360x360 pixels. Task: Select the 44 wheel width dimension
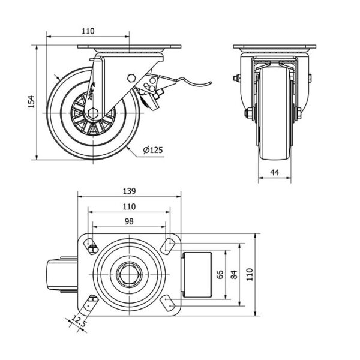(275, 173)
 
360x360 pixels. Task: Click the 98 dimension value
(128, 221)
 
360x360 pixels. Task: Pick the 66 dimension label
(220, 275)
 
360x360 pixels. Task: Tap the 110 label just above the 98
(128, 206)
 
